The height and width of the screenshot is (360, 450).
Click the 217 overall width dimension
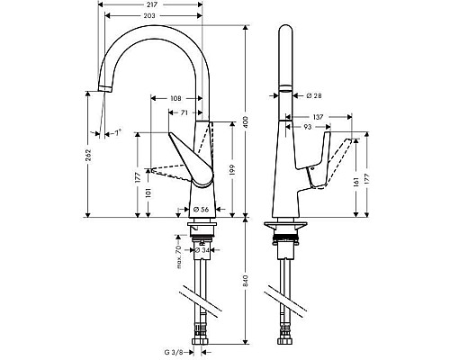coord(149,5)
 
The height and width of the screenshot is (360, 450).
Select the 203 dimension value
coord(149,16)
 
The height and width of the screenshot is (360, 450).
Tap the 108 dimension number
coord(176,98)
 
